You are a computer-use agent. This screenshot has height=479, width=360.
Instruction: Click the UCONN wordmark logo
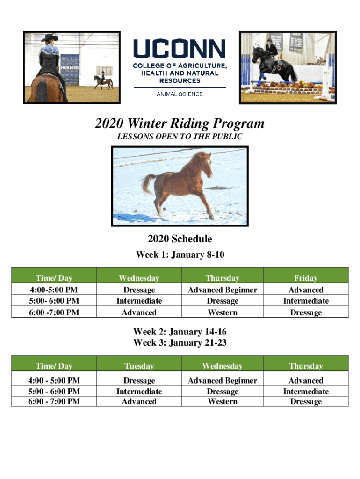pos(180,48)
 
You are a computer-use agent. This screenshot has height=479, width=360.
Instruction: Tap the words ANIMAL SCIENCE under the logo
pos(180,94)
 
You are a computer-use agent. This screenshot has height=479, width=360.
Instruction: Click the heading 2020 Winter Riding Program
pos(180,123)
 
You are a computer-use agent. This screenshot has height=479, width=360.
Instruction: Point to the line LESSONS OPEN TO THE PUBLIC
pos(180,136)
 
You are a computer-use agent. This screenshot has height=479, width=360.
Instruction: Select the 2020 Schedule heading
pos(180,239)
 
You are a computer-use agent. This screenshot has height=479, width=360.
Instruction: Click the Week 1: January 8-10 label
pos(180,254)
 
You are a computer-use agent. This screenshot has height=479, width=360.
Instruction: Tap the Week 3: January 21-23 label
pos(180,342)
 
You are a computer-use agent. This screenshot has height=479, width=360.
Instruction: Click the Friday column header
pos(306,278)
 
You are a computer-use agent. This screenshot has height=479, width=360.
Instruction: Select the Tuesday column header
pos(139,366)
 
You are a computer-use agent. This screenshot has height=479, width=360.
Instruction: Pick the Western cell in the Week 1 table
pos(223,312)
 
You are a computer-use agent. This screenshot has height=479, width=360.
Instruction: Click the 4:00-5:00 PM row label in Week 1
pos(54,289)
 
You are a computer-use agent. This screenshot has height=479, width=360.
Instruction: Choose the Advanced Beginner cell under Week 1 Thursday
pos(223,290)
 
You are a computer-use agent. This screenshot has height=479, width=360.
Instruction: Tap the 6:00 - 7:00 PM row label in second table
pos(54,401)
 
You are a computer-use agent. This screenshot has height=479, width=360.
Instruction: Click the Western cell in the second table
pos(223,401)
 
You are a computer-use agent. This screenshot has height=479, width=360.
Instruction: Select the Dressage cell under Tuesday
pos(139,381)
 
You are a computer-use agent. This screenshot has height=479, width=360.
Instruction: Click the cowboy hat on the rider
pos(50,37)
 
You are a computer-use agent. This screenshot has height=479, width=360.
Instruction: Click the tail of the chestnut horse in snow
pos(149,183)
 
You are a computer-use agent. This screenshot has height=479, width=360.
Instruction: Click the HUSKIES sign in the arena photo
pos(70,67)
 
